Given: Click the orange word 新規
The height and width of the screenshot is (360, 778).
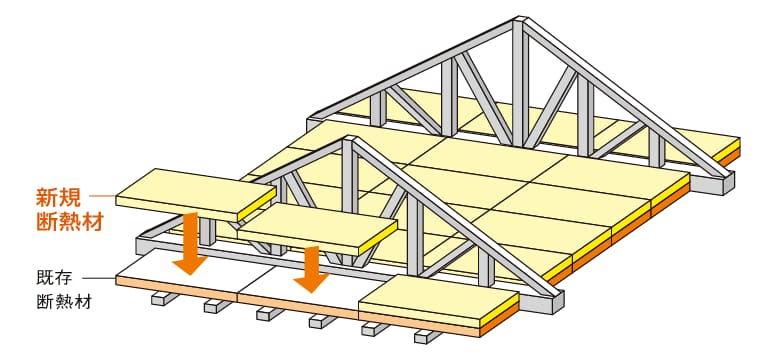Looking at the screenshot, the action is (x=58, y=198).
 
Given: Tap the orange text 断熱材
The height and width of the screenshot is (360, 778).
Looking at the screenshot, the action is (x=69, y=222).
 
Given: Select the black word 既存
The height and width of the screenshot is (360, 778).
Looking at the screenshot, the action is (x=54, y=278).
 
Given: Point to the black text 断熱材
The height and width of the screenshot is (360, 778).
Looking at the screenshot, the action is (x=64, y=301).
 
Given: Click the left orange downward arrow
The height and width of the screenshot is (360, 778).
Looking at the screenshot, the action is (x=190, y=243).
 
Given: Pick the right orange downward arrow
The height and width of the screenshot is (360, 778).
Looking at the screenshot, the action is (x=311, y=269).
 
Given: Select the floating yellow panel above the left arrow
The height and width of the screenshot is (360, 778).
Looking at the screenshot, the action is (x=196, y=194).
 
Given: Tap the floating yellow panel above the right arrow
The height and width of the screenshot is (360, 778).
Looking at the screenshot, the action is (x=318, y=229).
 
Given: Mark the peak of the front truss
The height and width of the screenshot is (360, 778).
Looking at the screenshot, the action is (x=350, y=139).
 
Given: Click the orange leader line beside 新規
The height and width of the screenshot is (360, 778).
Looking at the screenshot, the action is (x=102, y=197).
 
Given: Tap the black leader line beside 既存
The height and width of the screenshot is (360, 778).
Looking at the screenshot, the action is (x=98, y=278).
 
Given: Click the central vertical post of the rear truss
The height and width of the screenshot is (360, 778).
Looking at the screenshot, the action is (x=520, y=84).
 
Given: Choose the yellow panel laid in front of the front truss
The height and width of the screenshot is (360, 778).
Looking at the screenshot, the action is (x=439, y=301).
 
